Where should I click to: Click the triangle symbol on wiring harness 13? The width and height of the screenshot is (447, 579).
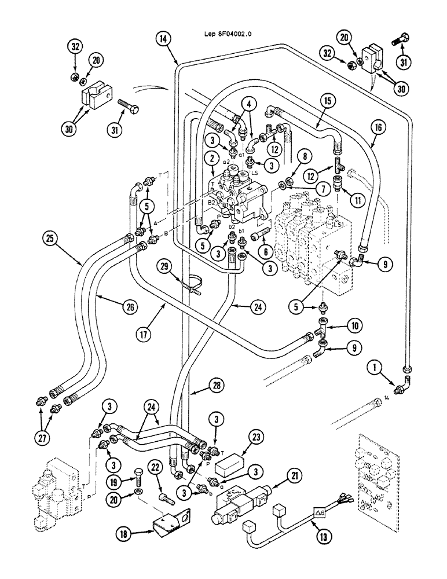(x=319, y=511)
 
